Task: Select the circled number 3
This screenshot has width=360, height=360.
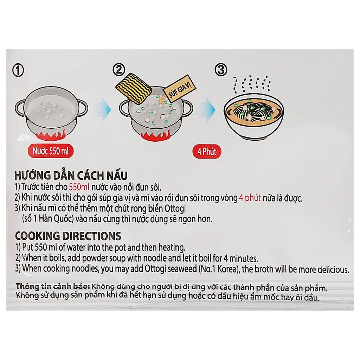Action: (x=221, y=70)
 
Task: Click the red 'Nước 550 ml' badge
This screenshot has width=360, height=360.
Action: (x=51, y=151)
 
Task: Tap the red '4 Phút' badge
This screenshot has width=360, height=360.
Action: (x=207, y=152)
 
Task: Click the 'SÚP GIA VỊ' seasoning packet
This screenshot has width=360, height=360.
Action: (x=180, y=88)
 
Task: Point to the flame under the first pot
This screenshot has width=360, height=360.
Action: (x=51, y=136)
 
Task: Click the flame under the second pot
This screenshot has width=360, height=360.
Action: (x=155, y=136)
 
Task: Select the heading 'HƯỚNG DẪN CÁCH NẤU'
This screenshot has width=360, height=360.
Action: (x=71, y=175)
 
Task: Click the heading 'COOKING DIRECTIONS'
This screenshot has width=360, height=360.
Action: (x=68, y=236)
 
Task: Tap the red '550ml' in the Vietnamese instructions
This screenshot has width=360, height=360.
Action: (x=79, y=187)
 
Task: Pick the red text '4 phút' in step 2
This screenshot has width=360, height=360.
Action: (x=250, y=198)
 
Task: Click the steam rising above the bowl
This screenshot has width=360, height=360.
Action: (x=252, y=84)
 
